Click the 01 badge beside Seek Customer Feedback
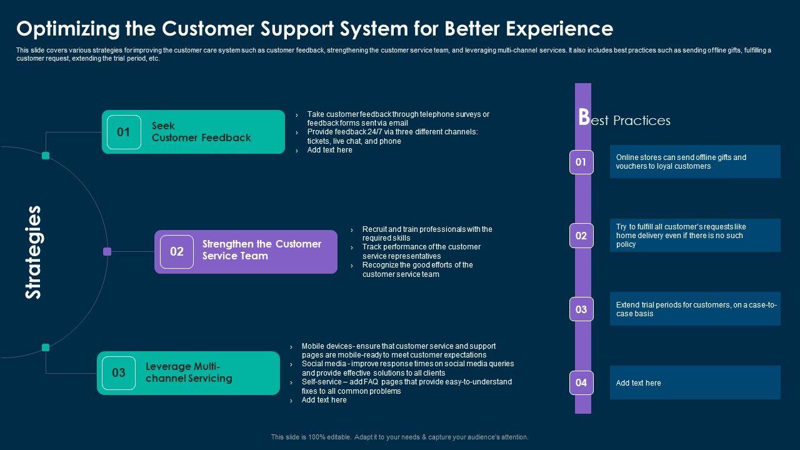click(x=124, y=132)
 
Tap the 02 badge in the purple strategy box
click(x=177, y=252)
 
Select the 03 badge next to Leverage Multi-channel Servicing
click(x=119, y=373)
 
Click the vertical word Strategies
click(x=34, y=252)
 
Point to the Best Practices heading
click(x=624, y=118)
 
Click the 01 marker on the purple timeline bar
click(x=581, y=162)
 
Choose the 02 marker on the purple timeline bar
click(x=581, y=236)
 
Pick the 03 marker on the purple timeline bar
click(x=581, y=309)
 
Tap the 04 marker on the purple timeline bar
click(x=581, y=383)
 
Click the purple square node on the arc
click(x=107, y=251)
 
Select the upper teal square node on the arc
click(x=46, y=156)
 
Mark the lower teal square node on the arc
click(x=46, y=347)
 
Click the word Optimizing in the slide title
click(x=68, y=29)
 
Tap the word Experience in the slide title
click(x=559, y=29)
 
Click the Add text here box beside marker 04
click(x=695, y=382)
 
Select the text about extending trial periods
click(x=696, y=309)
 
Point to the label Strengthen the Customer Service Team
click(x=262, y=250)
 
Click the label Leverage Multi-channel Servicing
click(x=189, y=372)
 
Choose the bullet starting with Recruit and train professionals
click(x=427, y=234)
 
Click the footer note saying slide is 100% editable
click(x=399, y=437)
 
